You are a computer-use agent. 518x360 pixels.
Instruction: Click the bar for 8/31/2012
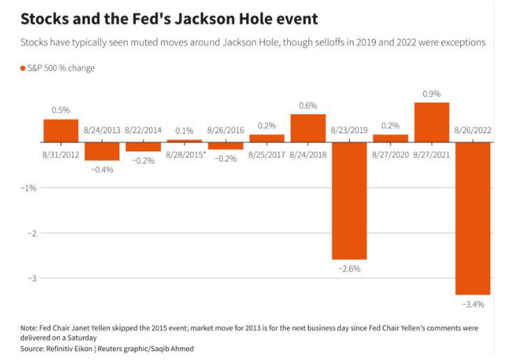(x=61, y=130)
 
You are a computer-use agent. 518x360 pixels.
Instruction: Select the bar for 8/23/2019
(x=349, y=200)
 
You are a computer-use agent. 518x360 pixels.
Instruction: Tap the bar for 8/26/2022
(x=472, y=218)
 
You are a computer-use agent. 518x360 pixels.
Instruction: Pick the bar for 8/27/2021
(x=432, y=122)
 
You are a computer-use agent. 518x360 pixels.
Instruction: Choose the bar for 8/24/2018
(x=307, y=128)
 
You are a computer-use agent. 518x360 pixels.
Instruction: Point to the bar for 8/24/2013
(x=102, y=151)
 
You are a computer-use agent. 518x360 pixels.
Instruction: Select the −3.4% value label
(x=472, y=304)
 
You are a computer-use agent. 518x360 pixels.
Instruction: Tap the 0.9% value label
(x=432, y=93)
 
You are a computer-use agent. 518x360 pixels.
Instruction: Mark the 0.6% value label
(x=307, y=105)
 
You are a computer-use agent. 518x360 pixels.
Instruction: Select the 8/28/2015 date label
(x=185, y=153)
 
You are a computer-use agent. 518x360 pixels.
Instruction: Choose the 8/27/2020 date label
(x=390, y=153)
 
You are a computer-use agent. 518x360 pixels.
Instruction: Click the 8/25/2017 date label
(x=266, y=153)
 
